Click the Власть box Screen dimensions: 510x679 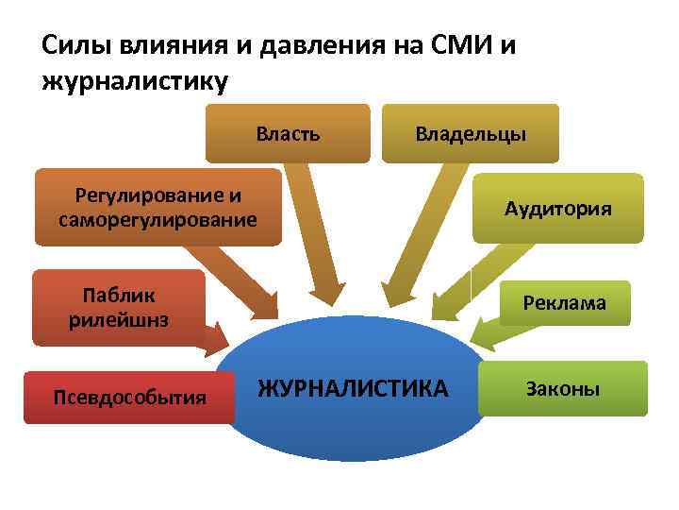coord(288,133)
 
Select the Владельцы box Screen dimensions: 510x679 coord(471,133)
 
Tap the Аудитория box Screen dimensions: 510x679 coord(557,209)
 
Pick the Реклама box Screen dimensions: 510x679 coord(565,303)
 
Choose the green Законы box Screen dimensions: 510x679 coord(563,388)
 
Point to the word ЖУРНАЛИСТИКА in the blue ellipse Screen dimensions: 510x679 coord(354,387)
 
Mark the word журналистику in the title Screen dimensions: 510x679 coord(135,81)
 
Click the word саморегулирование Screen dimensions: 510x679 coord(157,220)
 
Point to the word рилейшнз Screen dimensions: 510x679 coord(119,319)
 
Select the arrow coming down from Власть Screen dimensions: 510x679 coord(316,236)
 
